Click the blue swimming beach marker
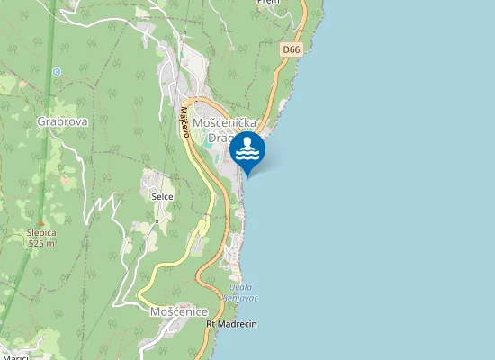[x=248, y=151]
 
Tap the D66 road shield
[x=290, y=50]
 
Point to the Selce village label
[x=162, y=195]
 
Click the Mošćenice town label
[x=178, y=310]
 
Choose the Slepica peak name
[x=40, y=232]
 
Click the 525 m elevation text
[x=41, y=243]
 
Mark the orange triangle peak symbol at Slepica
[x=40, y=221]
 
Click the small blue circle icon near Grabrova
[x=57, y=71]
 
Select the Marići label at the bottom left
[x=15, y=357]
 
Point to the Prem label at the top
[x=268, y=3]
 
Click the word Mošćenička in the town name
[x=226, y=121]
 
